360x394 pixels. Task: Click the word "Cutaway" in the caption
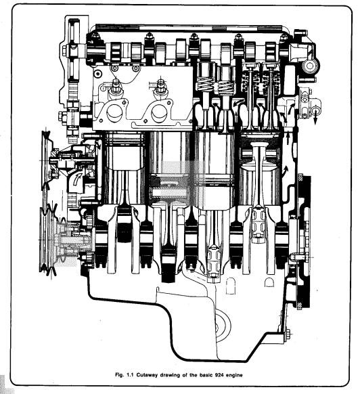click(146, 375)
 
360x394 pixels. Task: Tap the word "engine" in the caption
click(234, 376)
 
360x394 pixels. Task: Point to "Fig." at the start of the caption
click(119, 375)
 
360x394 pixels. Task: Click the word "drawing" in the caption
click(169, 376)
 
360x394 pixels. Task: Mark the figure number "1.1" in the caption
click(130, 375)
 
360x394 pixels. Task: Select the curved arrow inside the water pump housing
click(77, 179)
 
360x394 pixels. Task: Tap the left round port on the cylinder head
click(115, 113)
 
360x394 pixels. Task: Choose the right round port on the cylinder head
click(160, 113)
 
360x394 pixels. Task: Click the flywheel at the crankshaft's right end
click(305, 241)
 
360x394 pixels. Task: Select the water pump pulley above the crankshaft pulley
click(46, 160)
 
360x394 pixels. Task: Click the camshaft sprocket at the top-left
click(74, 49)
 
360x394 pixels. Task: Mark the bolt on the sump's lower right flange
click(288, 335)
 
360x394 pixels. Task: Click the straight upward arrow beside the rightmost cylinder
click(288, 139)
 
